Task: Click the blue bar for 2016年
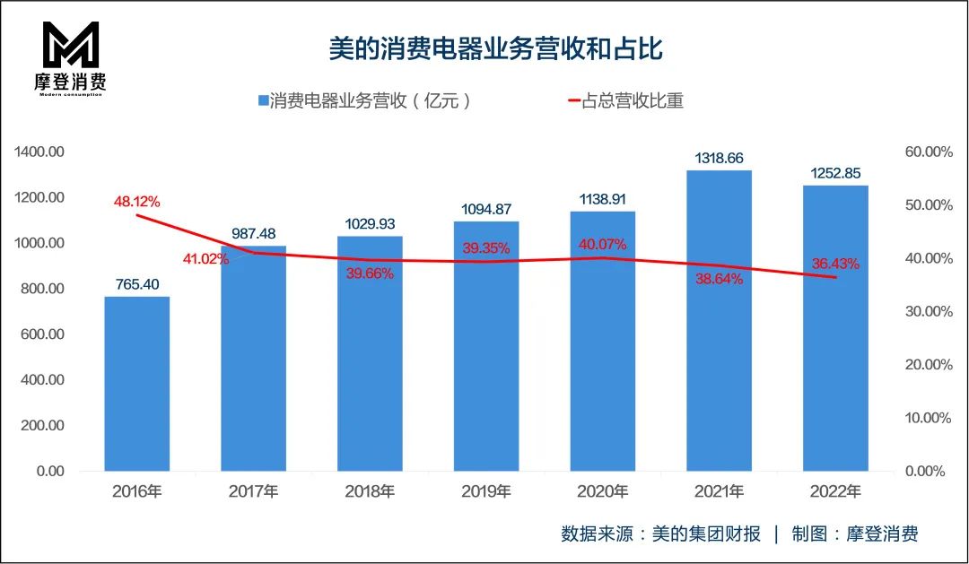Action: tap(136, 384)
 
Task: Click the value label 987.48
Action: tap(253, 233)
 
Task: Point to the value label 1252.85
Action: tap(835, 173)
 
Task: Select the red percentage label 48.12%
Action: tap(136, 202)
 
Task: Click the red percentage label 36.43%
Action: tap(835, 264)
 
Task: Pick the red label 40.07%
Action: tap(602, 244)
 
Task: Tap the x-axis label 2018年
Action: tap(370, 491)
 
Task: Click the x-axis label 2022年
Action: tap(835, 491)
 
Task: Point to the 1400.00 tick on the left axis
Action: tap(39, 152)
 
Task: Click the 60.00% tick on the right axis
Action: tap(928, 152)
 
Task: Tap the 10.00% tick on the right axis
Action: tap(928, 418)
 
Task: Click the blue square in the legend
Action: tap(263, 101)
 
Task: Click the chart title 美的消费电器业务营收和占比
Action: tap(495, 48)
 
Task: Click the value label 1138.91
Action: tap(602, 199)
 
